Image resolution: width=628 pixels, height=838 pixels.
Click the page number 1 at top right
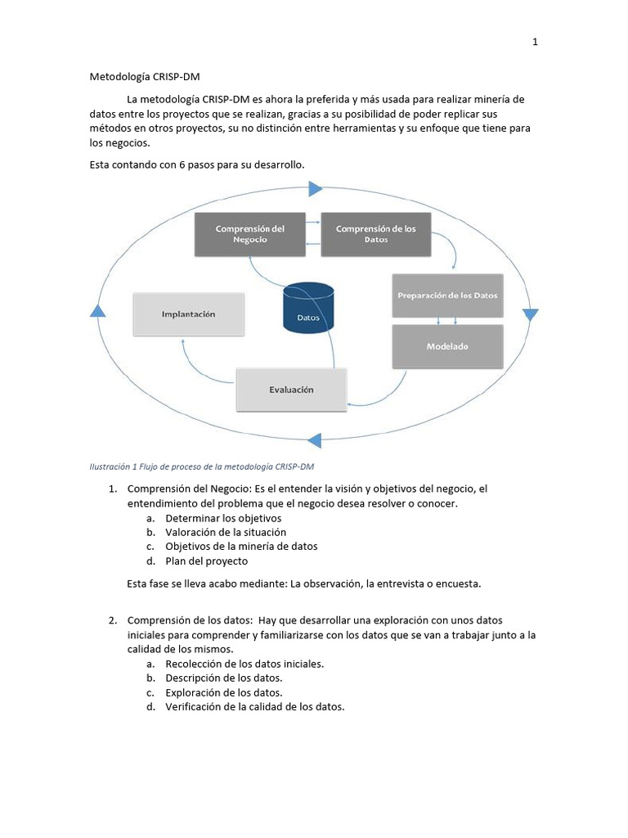tap(535, 43)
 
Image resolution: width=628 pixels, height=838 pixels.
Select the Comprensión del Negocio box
tap(249, 234)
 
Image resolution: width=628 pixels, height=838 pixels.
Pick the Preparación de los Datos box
tap(447, 295)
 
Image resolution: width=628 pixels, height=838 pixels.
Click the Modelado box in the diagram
tap(447, 346)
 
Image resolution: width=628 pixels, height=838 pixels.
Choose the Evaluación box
tap(291, 390)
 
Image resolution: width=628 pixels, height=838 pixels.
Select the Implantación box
tap(188, 313)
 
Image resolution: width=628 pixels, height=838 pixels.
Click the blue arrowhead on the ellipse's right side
tap(531, 315)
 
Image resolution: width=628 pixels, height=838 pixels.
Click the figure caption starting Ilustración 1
tap(201, 467)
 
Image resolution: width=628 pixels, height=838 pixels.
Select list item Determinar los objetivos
tap(222, 518)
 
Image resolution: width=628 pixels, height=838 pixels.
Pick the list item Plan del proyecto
tap(206, 561)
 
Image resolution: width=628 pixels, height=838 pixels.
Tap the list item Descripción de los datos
tap(224, 678)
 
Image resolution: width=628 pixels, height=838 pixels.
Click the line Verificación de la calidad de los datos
tap(254, 707)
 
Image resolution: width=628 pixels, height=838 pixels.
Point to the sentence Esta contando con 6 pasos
tap(196, 164)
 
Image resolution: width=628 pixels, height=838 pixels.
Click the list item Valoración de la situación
tap(225, 532)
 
